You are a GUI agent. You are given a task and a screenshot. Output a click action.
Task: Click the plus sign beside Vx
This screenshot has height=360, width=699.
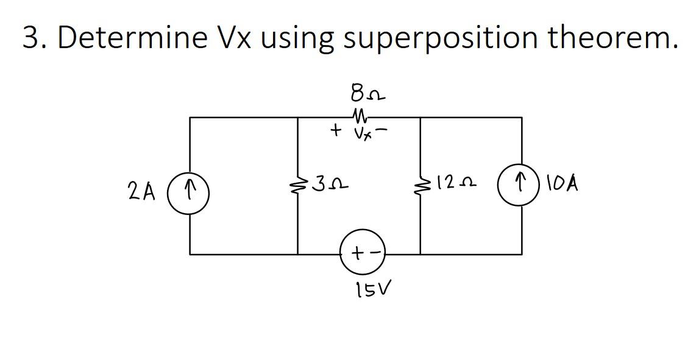(335, 130)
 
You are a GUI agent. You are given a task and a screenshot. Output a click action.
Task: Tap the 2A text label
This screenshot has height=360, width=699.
(141, 192)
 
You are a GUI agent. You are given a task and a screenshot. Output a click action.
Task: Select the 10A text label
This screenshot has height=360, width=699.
(562, 183)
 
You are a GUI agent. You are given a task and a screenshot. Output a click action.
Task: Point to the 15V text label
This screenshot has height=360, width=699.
(373, 291)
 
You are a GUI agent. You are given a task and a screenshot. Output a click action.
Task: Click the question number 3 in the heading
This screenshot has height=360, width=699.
(31, 38)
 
